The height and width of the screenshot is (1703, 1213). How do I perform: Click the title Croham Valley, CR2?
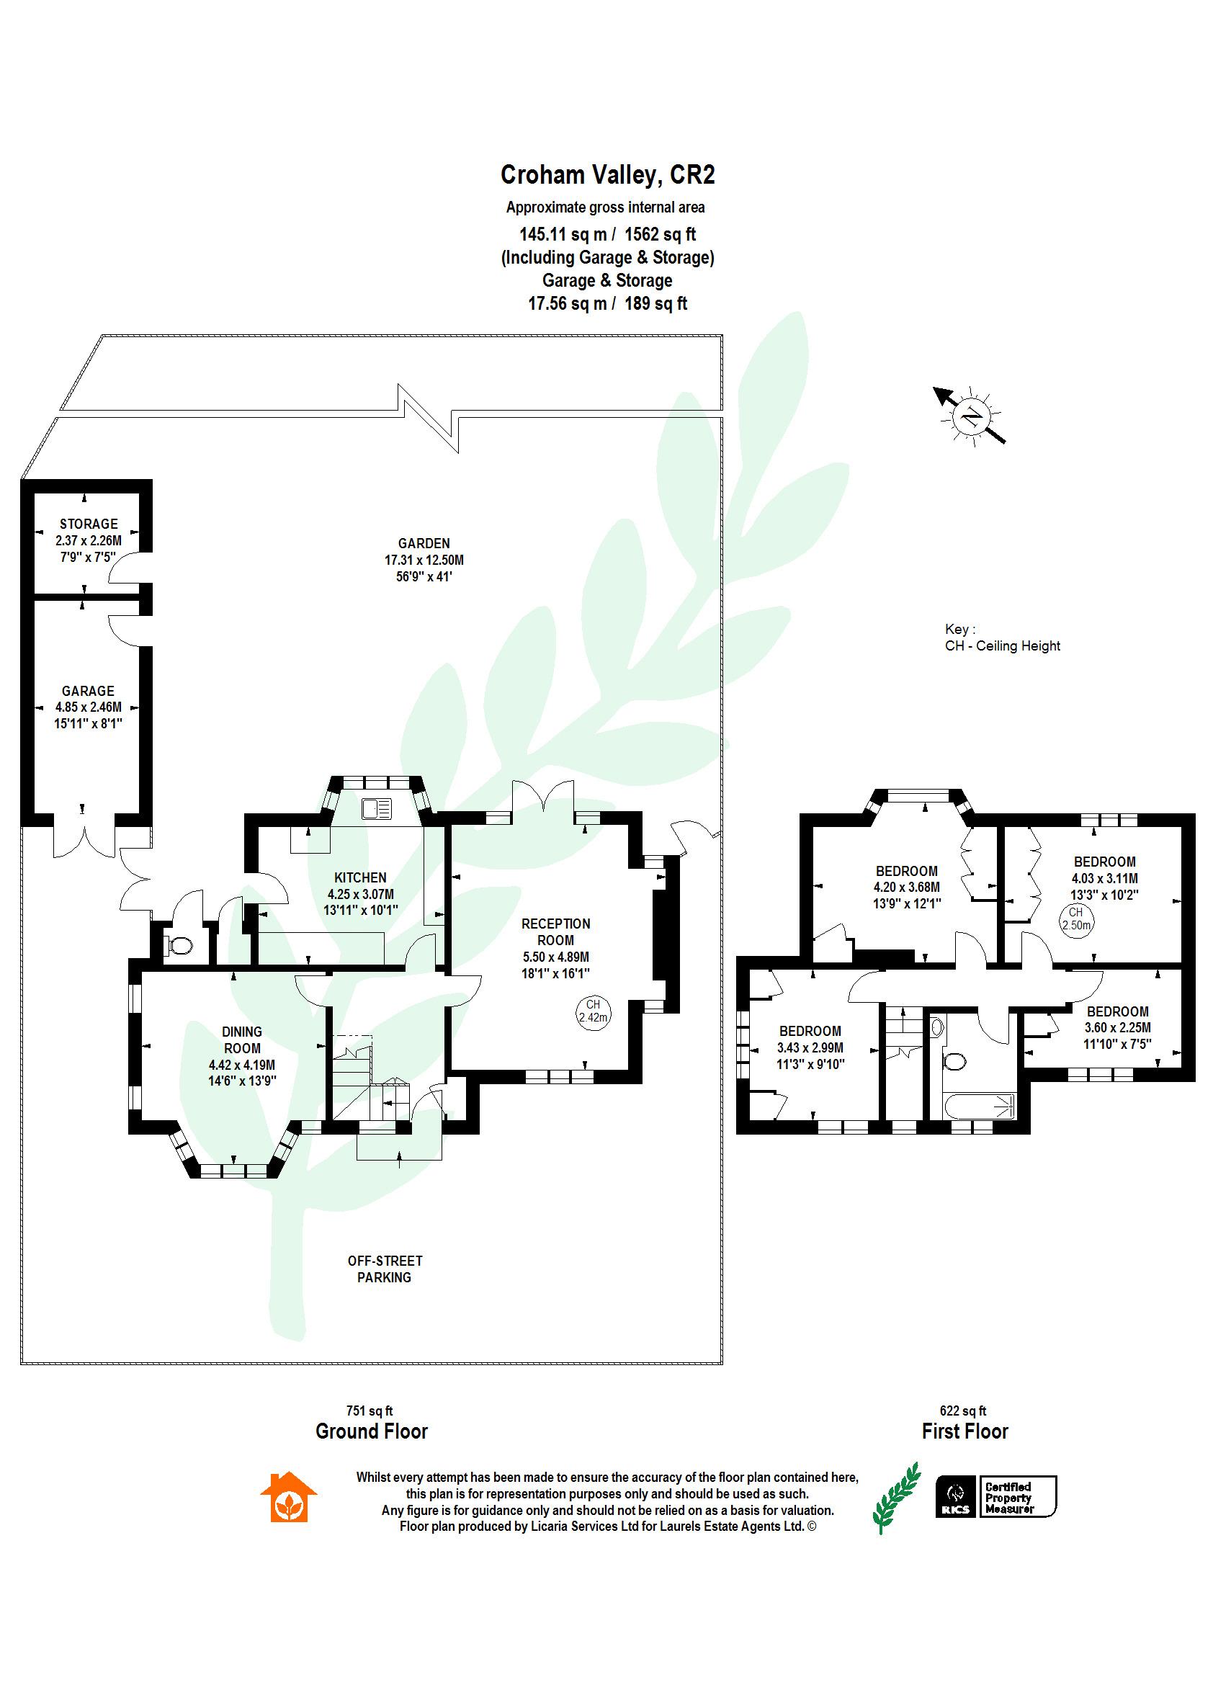[x=606, y=175]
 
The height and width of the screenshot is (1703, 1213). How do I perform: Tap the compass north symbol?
[x=971, y=415]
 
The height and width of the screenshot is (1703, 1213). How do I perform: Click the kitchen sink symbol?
[x=377, y=808]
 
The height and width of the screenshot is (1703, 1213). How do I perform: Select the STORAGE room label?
[x=88, y=524]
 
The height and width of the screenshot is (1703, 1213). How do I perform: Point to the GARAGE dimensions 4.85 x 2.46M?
[x=88, y=707]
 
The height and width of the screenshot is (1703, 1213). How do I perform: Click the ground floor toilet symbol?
[x=179, y=947]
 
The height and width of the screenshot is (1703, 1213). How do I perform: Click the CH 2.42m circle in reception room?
[x=592, y=1011]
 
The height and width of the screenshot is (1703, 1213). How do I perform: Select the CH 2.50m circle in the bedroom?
[x=1075, y=918]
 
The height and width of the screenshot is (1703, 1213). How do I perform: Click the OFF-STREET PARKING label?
[x=384, y=1269]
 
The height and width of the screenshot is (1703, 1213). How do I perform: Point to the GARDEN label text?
[x=424, y=543]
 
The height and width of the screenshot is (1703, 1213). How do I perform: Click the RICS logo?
[x=955, y=1497]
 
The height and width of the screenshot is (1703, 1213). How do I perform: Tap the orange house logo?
[x=288, y=1497]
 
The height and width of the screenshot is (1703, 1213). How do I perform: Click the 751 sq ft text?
[x=369, y=1411]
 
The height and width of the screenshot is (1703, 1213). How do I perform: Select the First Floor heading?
[x=964, y=1432]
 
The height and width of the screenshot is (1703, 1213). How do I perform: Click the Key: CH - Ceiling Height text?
[x=1002, y=637]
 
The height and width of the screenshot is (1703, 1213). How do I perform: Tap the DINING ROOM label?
[x=241, y=1040]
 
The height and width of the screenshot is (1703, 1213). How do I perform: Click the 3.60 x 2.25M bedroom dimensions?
[x=1117, y=1028]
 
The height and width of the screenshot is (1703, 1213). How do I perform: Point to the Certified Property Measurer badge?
[x=1017, y=1497]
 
